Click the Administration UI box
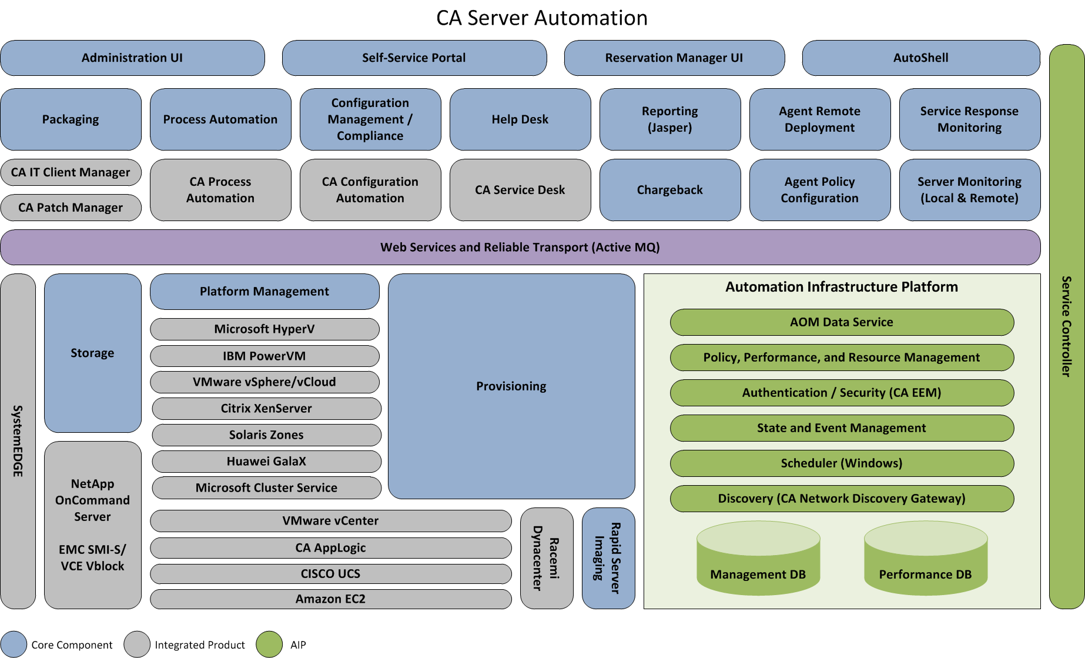tap(132, 58)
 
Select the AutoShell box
tap(920, 58)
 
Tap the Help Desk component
tap(520, 119)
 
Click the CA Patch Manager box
tap(71, 208)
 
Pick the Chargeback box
tap(669, 190)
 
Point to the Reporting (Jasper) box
tap(669, 119)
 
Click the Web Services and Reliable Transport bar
tap(520, 247)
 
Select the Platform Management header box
tap(264, 291)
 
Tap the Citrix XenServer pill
tap(266, 408)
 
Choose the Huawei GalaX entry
tap(266, 461)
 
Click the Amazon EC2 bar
tap(330, 599)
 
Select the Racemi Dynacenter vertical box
tap(546, 558)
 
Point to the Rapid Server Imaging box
tap(608, 558)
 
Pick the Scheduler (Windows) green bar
tap(841, 463)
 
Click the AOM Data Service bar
tap(841, 322)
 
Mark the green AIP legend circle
tap(269, 644)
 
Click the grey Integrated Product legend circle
tap(138, 644)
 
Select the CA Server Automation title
tap(541, 18)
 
